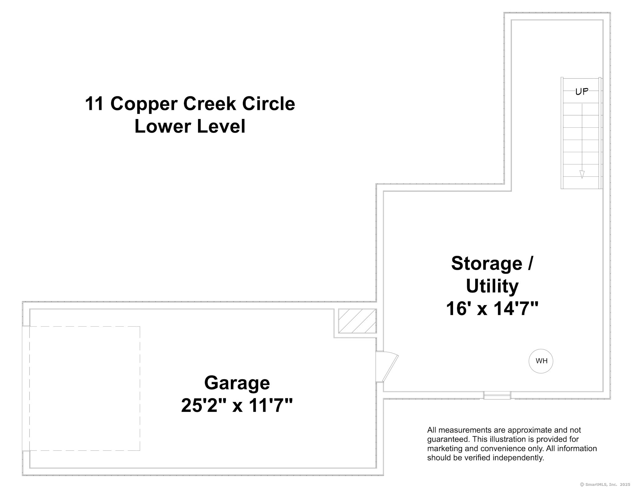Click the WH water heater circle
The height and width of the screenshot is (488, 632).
point(541,361)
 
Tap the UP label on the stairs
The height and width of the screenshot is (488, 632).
point(582,92)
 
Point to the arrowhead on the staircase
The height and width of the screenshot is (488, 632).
point(582,174)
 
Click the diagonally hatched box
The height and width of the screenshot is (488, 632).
point(357,321)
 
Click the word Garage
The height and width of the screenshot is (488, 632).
point(237,383)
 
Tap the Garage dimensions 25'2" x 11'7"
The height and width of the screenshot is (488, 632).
point(237,405)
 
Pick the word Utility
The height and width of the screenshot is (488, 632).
point(492,286)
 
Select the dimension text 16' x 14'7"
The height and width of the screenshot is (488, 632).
point(492,308)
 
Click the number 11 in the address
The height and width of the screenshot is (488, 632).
point(95,104)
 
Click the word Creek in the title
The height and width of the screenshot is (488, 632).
point(210,104)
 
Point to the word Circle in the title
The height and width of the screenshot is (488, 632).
point(268,104)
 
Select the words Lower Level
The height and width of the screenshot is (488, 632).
point(190,126)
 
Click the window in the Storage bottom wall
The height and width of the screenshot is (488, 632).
point(497,395)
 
